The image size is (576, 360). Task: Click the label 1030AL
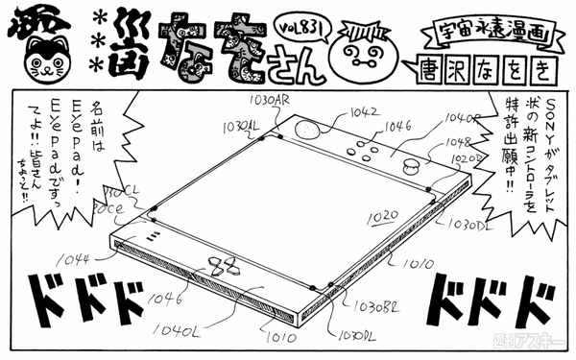(x=241, y=126)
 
